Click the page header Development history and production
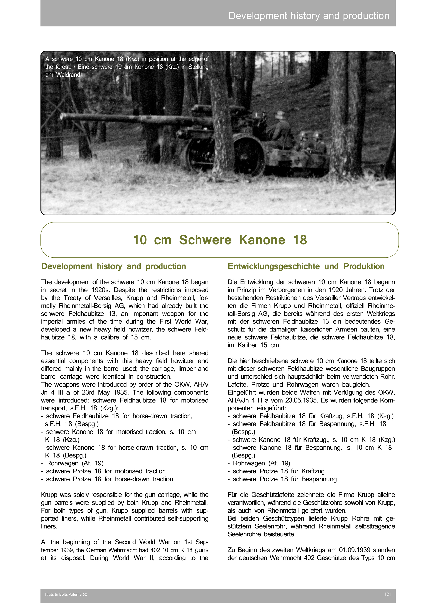(309, 16)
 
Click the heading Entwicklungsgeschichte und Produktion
(306, 266)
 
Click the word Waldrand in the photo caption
(69, 75)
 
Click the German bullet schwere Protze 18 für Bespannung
(284, 479)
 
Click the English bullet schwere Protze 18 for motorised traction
(106, 471)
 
